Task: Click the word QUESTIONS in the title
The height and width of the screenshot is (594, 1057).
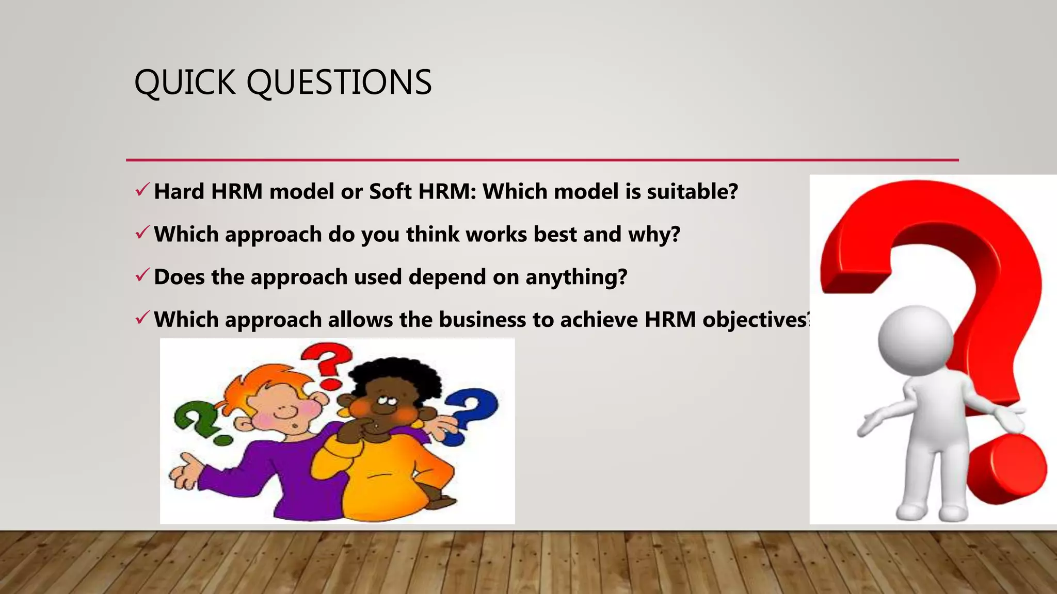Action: click(x=339, y=82)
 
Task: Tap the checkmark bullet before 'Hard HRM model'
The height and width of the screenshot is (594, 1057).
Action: click(x=142, y=190)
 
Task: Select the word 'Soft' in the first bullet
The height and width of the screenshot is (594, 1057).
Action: click(x=390, y=191)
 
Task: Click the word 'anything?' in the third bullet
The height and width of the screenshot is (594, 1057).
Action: click(x=576, y=277)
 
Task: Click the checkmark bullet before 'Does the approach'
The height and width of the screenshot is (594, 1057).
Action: click(x=142, y=276)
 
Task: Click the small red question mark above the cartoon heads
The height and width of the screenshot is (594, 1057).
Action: click(x=327, y=364)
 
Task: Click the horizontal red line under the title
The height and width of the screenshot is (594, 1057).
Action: click(x=542, y=160)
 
